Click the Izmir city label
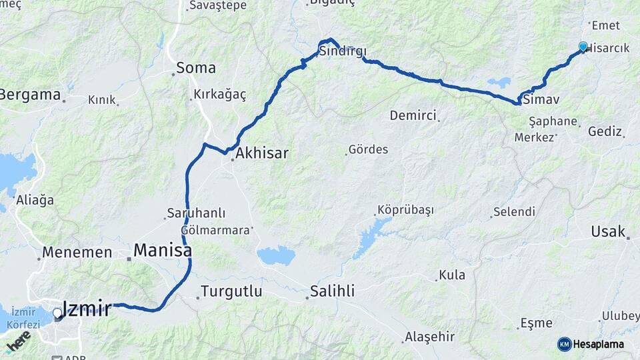point(87,308)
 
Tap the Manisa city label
point(163,251)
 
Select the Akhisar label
point(262,153)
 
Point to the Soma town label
point(196,68)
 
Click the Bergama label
point(30,95)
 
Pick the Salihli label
point(332,291)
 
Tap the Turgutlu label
point(231,292)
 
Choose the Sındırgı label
point(343,52)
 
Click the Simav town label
point(541,99)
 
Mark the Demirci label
point(413,115)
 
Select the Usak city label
point(607,232)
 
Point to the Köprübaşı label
point(405,210)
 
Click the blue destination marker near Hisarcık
point(583,47)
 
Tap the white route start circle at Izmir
point(57,312)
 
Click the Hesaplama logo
point(591,344)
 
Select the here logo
point(18,341)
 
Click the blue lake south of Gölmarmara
point(276,255)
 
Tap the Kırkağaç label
point(219,95)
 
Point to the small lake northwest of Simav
point(499,83)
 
